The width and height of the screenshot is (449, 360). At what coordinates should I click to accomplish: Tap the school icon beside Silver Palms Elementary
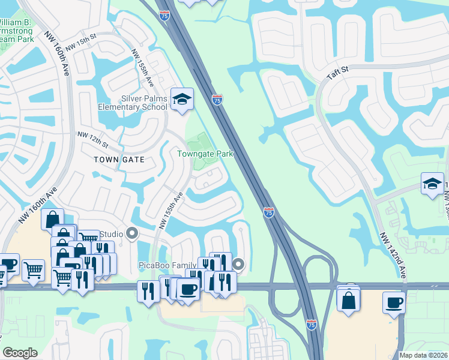point(182,100)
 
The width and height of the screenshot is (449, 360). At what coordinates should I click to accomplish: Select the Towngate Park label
point(205,154)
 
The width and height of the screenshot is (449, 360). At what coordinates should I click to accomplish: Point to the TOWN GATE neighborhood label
point(119,160)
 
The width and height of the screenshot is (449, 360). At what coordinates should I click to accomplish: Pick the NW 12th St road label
point(92,140)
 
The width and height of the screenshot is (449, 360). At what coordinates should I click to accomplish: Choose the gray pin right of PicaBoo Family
point(239,264)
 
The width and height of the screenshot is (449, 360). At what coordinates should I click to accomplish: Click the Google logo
point(20,353)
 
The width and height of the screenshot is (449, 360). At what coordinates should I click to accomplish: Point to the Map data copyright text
point(423,355)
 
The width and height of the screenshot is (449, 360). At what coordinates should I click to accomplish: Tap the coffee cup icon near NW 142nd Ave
point(394,303)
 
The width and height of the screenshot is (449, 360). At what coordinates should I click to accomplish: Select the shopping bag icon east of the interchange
point(349,299)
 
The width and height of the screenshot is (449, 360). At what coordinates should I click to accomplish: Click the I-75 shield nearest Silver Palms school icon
point(217,100)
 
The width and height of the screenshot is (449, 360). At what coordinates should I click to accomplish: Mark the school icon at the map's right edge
point(432,184)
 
